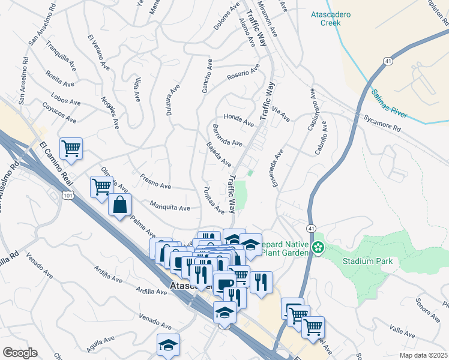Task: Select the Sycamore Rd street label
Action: [x=382, y=124]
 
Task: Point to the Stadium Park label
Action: [x=367, y=261]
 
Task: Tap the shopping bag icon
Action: [x=120, y=205]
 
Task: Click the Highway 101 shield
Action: [x=67, y=196]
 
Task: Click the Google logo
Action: [x=20, y=353]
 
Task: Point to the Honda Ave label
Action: [x=238, y=119]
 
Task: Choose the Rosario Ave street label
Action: [x=243, y=73]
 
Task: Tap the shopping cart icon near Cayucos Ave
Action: [x=71, y=148]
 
